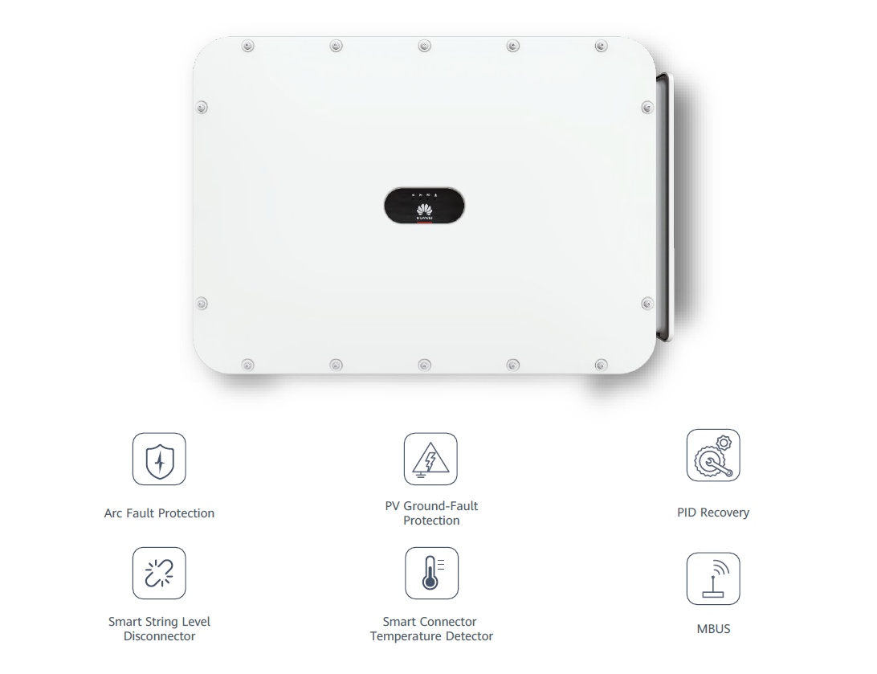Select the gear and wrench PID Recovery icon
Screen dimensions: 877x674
coord(713,455)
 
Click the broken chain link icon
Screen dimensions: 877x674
coord(159,574)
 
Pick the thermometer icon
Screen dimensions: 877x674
coord(431,574)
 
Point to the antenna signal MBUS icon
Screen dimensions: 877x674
coord(713,579)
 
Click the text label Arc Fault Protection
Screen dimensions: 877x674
coord(159,513)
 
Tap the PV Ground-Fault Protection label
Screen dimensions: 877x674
coord(431,513)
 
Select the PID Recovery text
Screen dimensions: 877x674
coord(713,513)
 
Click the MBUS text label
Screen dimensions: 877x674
coord(714,629)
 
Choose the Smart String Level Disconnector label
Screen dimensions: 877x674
coord(159,629)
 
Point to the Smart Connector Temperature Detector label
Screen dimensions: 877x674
coord(431,629)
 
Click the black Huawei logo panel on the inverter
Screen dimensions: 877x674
coord(424,206)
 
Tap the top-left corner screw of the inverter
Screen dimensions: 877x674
coord(248,46)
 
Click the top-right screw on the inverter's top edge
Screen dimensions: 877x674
coord(602,46)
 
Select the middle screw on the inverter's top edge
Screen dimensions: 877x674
coord(425,46)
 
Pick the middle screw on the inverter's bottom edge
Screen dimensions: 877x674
coord(425,366)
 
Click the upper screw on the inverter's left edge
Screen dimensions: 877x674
coord(202,107)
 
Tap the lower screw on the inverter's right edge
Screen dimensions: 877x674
coord(647,304)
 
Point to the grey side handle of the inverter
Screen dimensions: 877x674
coord(665,207)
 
